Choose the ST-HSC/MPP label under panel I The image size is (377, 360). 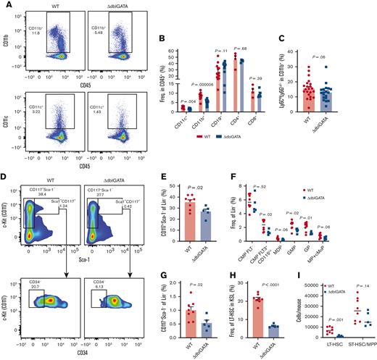point(355,348)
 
